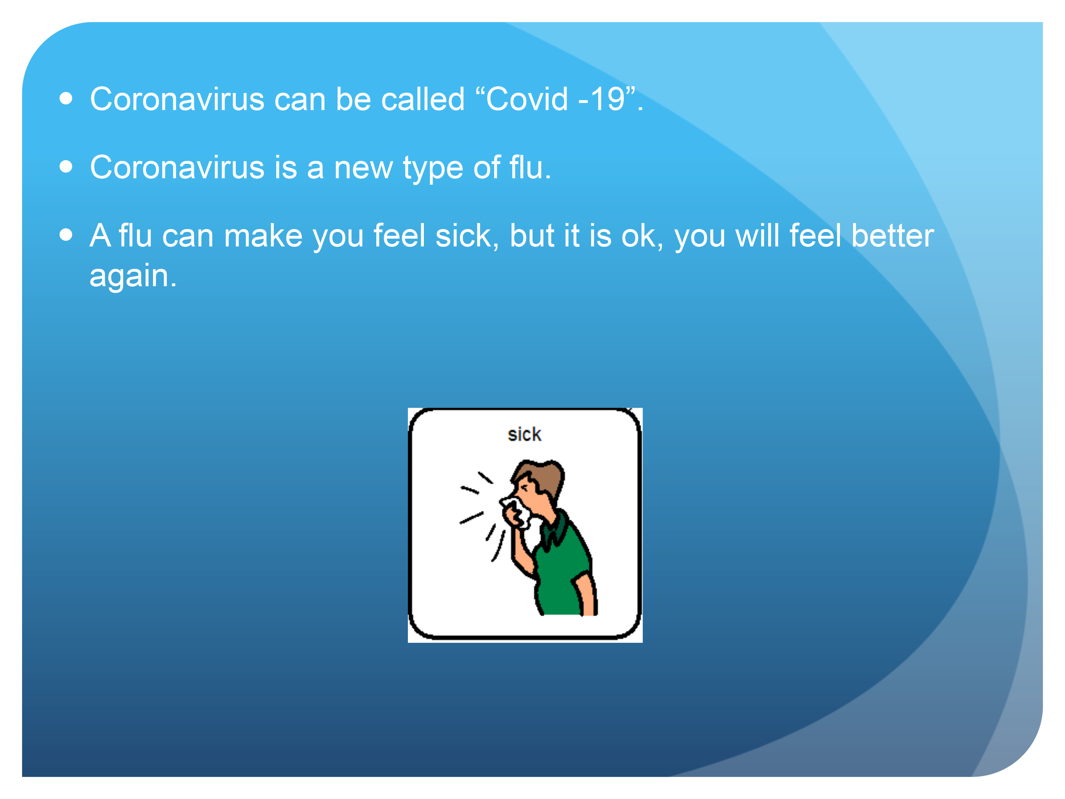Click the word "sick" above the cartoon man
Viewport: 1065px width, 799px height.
point(524,434)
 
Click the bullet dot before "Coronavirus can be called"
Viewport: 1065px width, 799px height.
point(66,99)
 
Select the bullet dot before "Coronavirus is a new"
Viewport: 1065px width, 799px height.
point(66,167)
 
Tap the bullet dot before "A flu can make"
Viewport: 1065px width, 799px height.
point(66,235)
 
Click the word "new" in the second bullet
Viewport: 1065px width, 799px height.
point(364,169)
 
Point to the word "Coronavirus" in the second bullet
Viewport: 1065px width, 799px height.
point(177,167)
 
